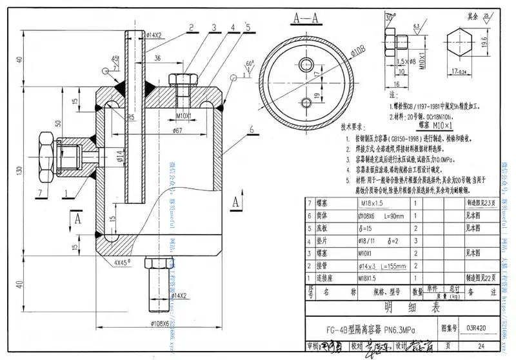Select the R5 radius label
(130, 117)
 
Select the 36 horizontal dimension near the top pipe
(158, 57)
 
